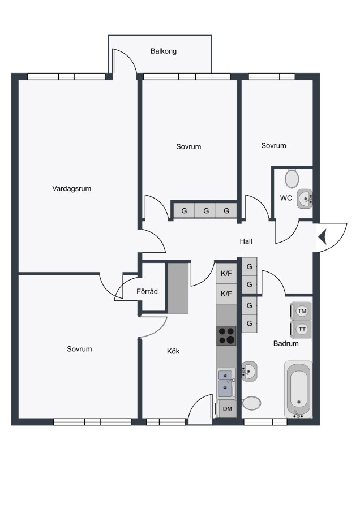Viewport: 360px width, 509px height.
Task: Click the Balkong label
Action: point(164,51)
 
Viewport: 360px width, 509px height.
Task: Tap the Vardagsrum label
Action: point(71,188)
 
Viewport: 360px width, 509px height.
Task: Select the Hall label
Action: point(246,241)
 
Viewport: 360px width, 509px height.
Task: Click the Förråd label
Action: point(147,291)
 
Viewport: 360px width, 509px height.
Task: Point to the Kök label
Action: point(173,351)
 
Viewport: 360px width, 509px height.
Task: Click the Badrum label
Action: point(286,343)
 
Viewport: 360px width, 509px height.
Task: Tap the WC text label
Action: point(286,198)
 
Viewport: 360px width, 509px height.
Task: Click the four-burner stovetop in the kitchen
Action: point(226,335)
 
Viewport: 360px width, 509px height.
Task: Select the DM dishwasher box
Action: point(226,409)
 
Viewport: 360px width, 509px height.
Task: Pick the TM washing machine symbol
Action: point(301,311)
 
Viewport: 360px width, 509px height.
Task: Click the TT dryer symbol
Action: point(301,329)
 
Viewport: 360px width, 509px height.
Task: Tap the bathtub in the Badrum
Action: point(298,389)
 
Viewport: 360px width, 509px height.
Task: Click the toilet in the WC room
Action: point(292,178)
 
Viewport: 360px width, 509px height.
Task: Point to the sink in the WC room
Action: point(305,199)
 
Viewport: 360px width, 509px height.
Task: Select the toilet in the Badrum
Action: point(251,403)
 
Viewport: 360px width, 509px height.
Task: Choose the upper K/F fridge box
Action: point(226,273)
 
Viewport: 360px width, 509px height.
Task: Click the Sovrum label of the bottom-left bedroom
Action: point(79,349)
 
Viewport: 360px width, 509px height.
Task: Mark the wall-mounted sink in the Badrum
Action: point(249,371)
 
